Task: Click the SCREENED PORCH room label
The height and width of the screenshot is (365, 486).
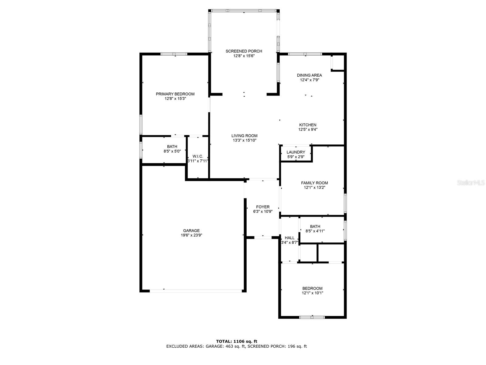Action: (244, 51)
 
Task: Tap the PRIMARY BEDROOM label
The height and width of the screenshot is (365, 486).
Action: (175, 94)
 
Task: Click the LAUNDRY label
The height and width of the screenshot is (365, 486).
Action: (296, 152)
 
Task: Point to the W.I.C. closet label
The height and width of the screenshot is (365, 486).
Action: (198, 156)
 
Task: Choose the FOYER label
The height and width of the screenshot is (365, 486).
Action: (263, 207)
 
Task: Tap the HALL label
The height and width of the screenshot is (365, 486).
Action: (289, 238)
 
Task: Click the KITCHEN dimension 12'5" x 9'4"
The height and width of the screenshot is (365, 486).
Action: (308, 129)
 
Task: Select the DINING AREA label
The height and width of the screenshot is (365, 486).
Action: (309, 75)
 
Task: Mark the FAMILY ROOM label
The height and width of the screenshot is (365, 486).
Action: (314, 183)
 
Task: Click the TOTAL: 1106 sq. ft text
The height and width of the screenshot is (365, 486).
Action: (237, 341)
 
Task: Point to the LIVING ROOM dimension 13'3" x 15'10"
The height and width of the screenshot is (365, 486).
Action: (245, 140)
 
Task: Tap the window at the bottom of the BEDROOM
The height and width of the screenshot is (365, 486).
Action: (312, 317)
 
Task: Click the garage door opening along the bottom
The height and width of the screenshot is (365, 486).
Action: (196, 291)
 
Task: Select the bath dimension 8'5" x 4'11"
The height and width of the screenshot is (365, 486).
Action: (315, 231)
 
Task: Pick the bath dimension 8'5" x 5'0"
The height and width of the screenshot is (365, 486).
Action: (172, 151)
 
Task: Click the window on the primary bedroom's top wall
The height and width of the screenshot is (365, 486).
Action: (174, 54)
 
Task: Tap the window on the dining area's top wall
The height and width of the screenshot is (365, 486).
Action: (305, 54)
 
